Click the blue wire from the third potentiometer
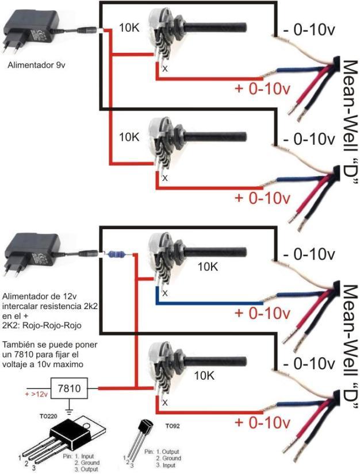[x=207, y=304]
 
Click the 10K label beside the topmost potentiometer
[x=129, y=27]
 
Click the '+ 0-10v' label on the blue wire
[x=262, y=314]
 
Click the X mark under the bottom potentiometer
[x=165, y=403]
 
